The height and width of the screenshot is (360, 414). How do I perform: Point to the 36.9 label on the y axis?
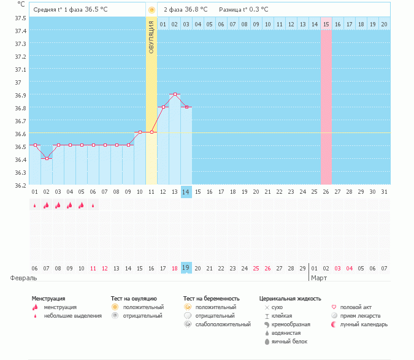click(x=20, y=95)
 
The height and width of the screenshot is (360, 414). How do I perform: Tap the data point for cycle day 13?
click(x=175, y=94)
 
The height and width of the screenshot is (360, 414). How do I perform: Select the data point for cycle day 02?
click(x=47, y=158)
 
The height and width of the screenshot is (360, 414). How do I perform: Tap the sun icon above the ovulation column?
click(x=151, y=10)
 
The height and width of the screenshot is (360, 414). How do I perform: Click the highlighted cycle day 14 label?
click(x=186, y=192)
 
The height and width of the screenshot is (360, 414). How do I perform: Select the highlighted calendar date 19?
click(x=186, y=268)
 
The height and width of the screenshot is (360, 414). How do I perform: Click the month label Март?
click(x=319, y=278)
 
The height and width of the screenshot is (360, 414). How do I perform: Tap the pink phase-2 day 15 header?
click(x=326, y=24)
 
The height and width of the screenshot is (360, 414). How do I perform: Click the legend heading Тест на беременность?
click(x=209, y=298)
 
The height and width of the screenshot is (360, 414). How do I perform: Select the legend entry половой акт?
click(x=356, y=307)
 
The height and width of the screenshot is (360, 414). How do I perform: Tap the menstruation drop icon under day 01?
click(x=35, y=206)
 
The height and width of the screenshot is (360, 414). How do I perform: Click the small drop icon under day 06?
click(x=93, y=206)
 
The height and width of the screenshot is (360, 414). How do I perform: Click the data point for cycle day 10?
click(x=140, y=132)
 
